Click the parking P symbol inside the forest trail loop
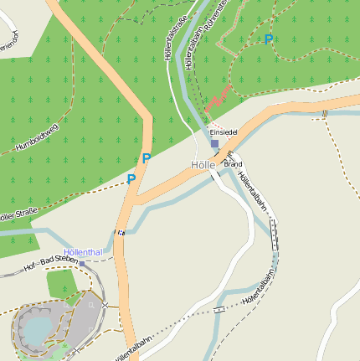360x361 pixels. point(268,39)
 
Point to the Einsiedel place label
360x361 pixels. point(224,132)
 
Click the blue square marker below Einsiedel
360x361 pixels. point(214,144)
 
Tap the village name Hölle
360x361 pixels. point(203,165)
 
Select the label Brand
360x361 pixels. point(233,164)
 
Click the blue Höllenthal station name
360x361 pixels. point(83,251)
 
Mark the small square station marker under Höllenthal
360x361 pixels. point(82,263)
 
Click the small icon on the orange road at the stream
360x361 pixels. point(122,233)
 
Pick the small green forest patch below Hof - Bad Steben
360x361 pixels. point(61,283)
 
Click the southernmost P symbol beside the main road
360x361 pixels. point(131,178)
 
